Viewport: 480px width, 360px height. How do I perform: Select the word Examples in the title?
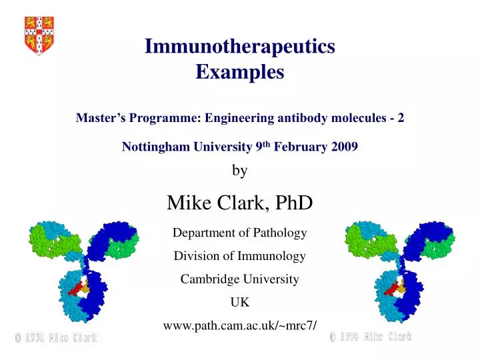pyautogui.click(x=239, y=72)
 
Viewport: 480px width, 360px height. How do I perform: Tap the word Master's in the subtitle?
pyautogui.click(x=101, y=118)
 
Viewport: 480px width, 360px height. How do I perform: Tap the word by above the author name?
pyautogui.click(x=239, y=171)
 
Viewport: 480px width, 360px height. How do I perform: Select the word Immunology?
pyautogui.click(x=274, y=255)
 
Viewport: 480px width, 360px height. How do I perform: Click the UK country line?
pyautogui.click(x=239, y=301)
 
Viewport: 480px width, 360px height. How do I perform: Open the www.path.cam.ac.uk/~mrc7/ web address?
pyautogui.click(x=239, y=325)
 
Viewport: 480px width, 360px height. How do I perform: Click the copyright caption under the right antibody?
pyautogui.click(x=371, y=337)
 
